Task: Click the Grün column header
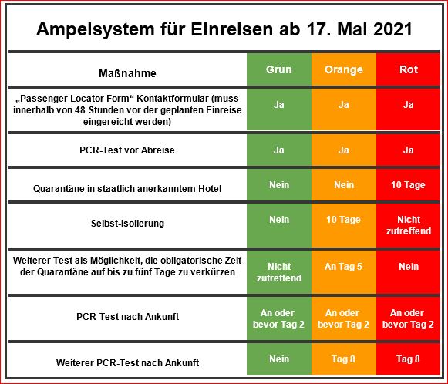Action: [x=279, y=69]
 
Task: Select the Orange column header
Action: [x=344, y=69]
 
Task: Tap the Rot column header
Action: [x=409, y=69]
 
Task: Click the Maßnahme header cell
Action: [x=127, y=73]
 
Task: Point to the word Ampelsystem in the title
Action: [x=95, y=29]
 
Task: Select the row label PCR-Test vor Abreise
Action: [x=127, y=150]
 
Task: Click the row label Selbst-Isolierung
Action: [x=127, y=223]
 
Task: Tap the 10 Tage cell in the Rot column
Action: [x=408, y=185]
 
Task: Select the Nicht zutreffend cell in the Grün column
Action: [x=279, y=272]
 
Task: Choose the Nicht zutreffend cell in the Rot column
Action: [x=409, y=225]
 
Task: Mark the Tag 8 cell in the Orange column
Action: [x=343, y=359]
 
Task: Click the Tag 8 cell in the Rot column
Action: [x=408, y=359]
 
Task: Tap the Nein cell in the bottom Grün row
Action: [x=279, y=359]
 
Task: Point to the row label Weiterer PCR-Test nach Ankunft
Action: [x=127, y=363]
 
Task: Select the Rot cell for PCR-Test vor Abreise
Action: [x=408, y=150]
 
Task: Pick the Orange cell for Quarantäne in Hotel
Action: [x=344, y=185]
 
